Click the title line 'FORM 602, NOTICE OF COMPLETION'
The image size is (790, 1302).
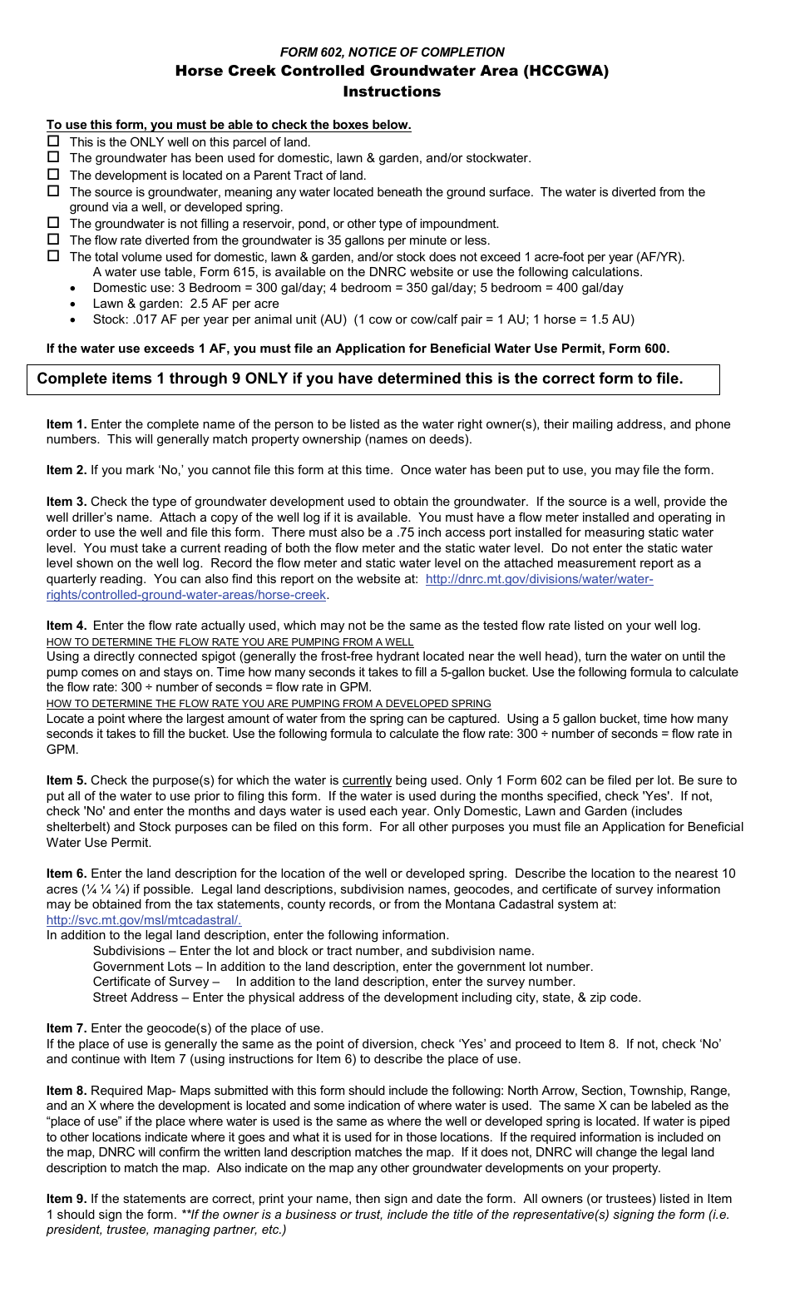(x=392, y=52)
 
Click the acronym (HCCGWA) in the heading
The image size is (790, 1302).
(x=565, y=71)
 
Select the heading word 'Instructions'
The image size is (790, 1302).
(x=392, y=92)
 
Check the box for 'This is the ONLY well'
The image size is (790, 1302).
(x=53, y=141)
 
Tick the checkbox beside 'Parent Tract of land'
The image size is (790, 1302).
(x=53, y=175)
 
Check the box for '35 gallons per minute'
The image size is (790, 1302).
(x=53, y=240)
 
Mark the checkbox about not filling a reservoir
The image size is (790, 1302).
(x=53, y=223)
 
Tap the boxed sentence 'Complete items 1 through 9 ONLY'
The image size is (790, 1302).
(x=360, y=379)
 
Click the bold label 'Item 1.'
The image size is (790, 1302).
(x=67, y=424)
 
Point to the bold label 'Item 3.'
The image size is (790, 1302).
(x=67, y=502)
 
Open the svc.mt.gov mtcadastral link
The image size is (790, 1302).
(x=144, y=920)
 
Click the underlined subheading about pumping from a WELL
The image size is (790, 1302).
(x=230, y=642)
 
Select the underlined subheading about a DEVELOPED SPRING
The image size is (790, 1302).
(x=269, y=704)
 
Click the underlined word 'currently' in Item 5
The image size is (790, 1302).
(x=367, y=780)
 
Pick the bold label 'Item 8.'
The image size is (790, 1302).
(x=67, y=1091)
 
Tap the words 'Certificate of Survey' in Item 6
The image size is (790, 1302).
(x=151, y=982)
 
